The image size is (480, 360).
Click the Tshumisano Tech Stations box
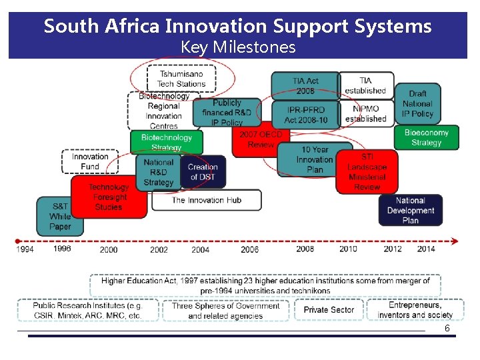[181, 79]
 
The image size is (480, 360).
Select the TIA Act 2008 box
[305, 85]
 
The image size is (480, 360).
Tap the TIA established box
[365, 85]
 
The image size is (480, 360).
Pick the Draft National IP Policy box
[417, 103]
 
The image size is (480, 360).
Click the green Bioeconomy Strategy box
[426, 137]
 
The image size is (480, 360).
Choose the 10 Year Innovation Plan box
[314, 160]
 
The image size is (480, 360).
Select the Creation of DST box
[203, 171]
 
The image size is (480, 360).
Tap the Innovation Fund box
[90, 161]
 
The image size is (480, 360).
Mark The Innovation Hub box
[206, 200]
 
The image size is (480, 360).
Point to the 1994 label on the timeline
[25, 249]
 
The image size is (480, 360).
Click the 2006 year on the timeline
[250, 249]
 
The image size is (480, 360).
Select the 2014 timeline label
[426, 249]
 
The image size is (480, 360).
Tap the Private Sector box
[329, 310]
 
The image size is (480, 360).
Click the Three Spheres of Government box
[225, 311]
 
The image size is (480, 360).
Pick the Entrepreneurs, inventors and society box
[415, 311]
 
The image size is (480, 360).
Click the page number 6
[447, 329]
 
